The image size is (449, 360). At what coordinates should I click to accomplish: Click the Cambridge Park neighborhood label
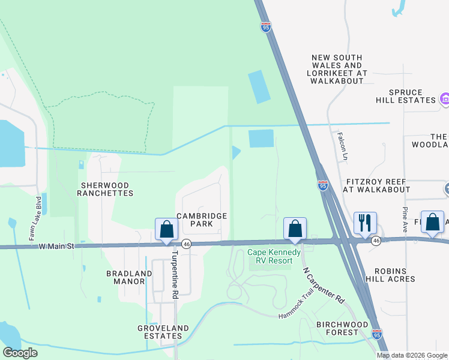click(x=202, y=220)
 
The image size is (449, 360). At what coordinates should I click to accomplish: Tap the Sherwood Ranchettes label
click(x=106, y=189)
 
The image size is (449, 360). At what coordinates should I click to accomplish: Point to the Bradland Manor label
click(x=129, y=277)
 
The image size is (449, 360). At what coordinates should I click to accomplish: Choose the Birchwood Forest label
click(x=342, y=328)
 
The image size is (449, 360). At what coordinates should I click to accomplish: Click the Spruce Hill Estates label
click(x=406, y=96)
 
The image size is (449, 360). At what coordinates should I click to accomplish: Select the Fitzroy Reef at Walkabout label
click(x=376, y=185)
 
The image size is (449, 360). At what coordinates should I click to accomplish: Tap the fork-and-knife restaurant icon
click(x=365, y=223)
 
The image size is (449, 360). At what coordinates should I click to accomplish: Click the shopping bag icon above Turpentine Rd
click(x=167, y=229)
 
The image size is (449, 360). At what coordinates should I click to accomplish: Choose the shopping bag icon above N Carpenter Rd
click(x=295, y=229)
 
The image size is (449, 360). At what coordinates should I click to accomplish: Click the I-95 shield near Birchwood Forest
click(x=376, y=333)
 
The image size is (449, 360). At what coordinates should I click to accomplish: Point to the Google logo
click(x=20, y=353)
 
